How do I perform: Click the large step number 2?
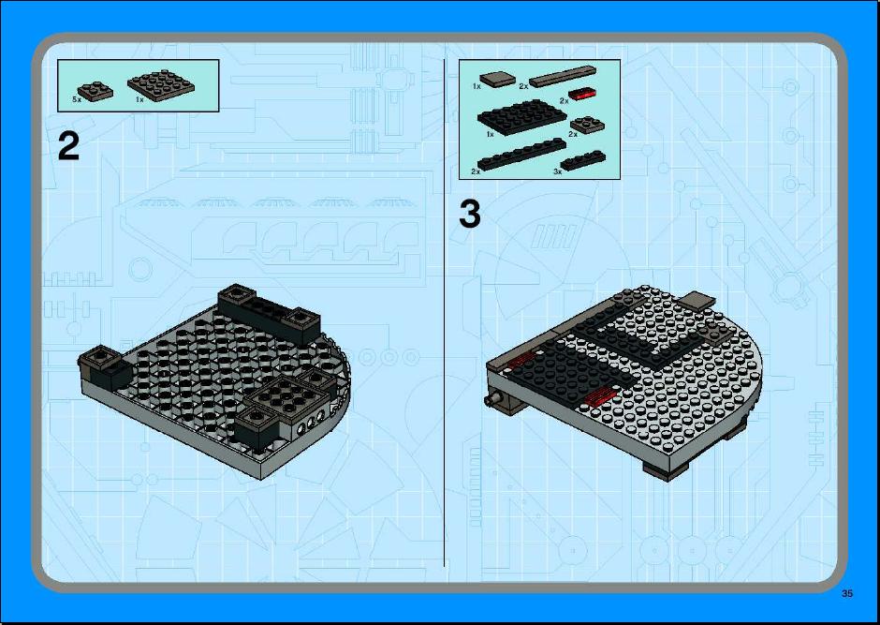point(68,146)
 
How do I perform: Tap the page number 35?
point(847,593)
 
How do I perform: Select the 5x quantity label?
point(77,98)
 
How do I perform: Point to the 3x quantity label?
point(557,171)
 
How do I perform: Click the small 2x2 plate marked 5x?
point(95,92)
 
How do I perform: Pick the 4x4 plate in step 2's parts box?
point(161,84)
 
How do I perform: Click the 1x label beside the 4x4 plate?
point(139,99)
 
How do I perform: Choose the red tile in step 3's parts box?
point(582,94)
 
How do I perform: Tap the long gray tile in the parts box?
point(563,77)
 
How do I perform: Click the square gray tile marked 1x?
point(498,79)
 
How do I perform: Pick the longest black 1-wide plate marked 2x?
point(521,154)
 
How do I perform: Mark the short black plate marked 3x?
point(583,160)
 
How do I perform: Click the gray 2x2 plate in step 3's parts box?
point(588,125)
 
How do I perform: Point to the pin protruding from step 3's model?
point(492,400)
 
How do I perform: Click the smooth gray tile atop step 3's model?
point(697,301)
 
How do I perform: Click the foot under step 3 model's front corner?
point(667,470)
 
